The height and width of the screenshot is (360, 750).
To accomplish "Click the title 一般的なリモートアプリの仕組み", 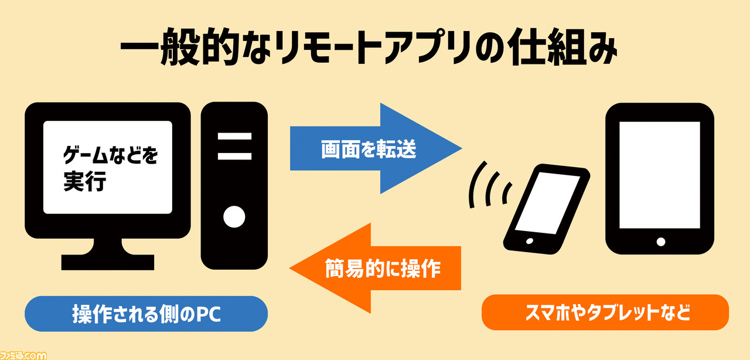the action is coord(369,46).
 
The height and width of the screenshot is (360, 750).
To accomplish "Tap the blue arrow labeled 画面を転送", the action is coord(376,148).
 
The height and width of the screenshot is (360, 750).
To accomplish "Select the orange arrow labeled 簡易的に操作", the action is coord(376,268).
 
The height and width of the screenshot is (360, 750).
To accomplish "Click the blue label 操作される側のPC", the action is coord(146,314).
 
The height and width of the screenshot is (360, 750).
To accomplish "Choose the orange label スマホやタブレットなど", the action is coord(605,313).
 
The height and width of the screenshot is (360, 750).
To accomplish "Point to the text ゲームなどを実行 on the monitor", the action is coord(110,168).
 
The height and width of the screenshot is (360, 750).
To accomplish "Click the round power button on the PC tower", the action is coord(234,217).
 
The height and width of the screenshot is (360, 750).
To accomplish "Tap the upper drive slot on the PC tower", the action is coord(234,136).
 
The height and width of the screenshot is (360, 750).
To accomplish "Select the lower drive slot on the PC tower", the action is coord(234,156).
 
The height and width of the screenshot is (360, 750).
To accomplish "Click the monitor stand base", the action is coord(108,263).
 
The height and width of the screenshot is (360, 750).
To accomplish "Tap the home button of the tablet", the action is coord(661,242).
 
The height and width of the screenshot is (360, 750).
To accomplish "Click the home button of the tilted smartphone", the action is coord(530,241).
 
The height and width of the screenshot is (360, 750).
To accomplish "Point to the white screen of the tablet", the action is coord(660,175).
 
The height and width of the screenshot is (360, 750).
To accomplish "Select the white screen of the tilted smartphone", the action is coord(548,203).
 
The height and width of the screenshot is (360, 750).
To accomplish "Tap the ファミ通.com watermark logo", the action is coord(23,355).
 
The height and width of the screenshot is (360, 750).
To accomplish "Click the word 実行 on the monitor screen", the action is coord(85,181).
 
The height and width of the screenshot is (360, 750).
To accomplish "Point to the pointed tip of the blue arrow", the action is coord(462,148).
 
